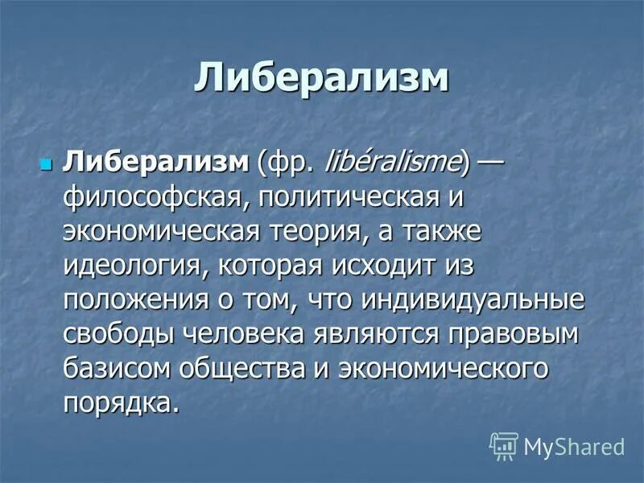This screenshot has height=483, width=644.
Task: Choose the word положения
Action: pyautogui.click(x=132, y=302)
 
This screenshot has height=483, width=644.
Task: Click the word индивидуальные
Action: pyautogui.click(x=474, y=302)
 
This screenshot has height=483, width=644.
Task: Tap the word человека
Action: pyautogui.click(x=241, y=336)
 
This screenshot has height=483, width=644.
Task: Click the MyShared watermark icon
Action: pyautogui.click(x=503, y=445)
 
